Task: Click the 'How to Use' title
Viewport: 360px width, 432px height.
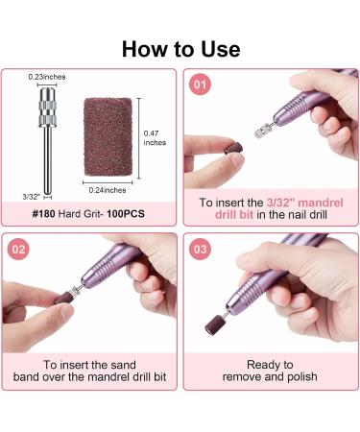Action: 180,48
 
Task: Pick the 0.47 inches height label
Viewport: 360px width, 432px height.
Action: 155,138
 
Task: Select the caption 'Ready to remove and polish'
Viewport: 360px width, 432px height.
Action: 269,372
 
